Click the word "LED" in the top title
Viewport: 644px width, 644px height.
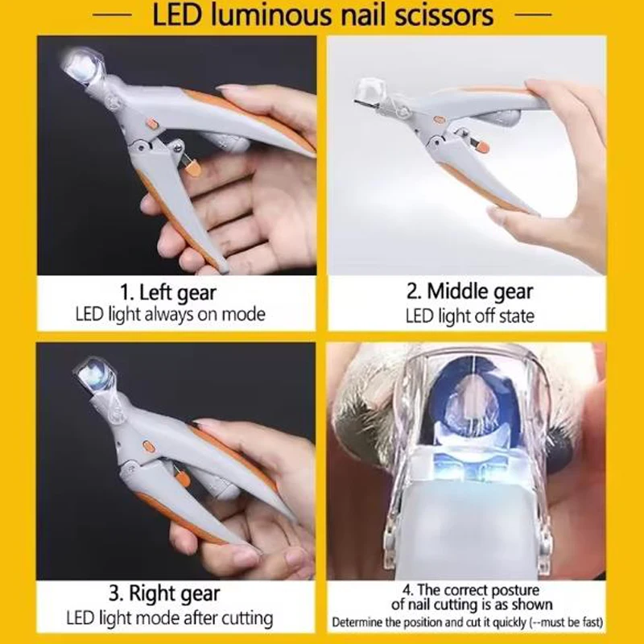(x=177, y=15)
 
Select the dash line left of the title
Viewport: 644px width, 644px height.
(x=112, y=14)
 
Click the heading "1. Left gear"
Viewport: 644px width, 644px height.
(x=168, y=293)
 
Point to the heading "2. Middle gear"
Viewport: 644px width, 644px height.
(x=470, y=292)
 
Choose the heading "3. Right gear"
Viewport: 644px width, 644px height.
(x=165, y=594)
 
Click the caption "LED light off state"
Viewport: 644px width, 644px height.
(x=470, y=316)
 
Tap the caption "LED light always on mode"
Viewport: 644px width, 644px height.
(x=170, y=315)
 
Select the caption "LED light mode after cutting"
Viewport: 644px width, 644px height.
(x=170, y=618)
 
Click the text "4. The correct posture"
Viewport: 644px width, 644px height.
(x=471, y=590)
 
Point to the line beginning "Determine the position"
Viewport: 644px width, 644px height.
(x=468, y=622)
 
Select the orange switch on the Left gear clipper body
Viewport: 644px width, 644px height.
(x=152, y=123)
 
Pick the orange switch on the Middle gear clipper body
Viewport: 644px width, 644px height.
(x=439, y=119)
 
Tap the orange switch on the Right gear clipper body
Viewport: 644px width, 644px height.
(x=147, y=446)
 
